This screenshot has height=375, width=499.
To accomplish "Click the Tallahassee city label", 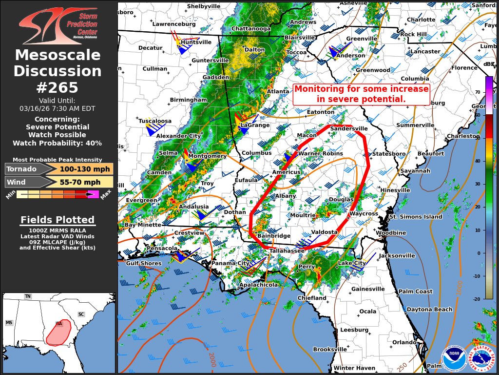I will click(287, 251).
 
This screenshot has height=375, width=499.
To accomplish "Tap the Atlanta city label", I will click(278, 91).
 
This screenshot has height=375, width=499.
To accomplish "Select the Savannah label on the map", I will click(415, 171).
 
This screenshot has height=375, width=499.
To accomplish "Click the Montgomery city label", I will click(207, 156).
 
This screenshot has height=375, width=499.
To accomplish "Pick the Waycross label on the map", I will click(364, 214).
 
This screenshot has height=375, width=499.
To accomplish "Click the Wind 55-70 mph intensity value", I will click(80, 182).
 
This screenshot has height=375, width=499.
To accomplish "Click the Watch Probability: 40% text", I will click(58, 143).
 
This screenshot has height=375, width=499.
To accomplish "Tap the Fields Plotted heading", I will click(58, 220).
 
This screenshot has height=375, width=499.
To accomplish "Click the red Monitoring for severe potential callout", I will click(361, 94).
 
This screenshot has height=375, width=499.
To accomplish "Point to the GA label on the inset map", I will click(59, 324).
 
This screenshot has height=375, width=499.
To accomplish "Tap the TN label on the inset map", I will click(28, 296).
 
